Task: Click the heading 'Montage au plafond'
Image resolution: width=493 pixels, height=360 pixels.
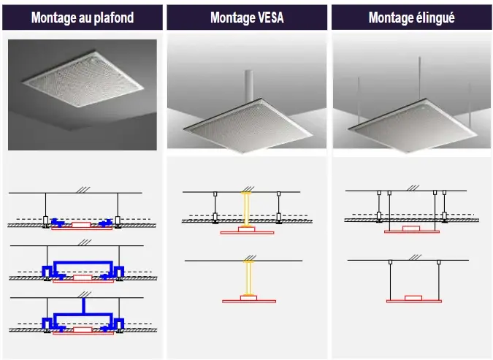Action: (83, 18)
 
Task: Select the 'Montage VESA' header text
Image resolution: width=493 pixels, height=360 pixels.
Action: (248, 18)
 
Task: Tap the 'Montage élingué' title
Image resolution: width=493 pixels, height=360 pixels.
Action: (411, 18)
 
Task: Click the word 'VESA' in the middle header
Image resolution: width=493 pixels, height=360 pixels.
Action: (270, 18)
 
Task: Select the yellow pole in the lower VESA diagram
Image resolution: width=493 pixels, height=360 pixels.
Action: (248, 278)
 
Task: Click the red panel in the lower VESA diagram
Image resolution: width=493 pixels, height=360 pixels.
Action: (248, 300)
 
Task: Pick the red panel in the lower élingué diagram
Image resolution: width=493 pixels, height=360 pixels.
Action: (413, 300)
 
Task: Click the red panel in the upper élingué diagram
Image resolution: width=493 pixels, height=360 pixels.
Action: (413, 231)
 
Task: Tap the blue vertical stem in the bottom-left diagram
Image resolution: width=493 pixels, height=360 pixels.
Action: (85, 303)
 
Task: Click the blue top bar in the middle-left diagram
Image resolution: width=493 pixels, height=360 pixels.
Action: (82, 260)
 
